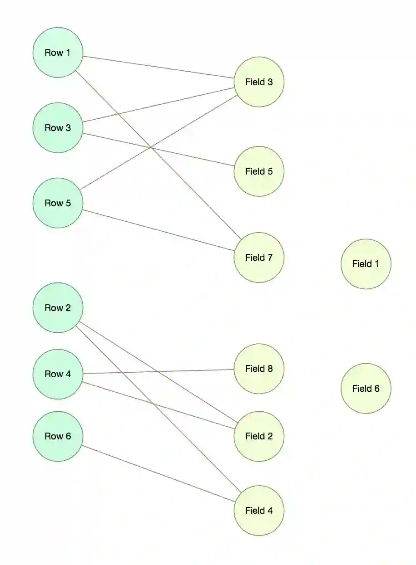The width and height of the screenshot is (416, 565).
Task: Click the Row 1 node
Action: tap(58, 53)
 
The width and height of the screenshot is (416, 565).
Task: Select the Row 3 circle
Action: tap(58, 128)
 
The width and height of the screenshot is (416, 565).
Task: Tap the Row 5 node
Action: tap(58, 203)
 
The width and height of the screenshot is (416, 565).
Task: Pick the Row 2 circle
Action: tap(58, 308)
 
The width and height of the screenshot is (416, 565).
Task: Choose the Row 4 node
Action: tap(58, 374)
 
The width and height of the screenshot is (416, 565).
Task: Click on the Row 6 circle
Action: tap(58, 436)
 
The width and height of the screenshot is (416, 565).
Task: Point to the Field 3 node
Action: tap(259, 82)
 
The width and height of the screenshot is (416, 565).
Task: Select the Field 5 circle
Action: tap(259, 171)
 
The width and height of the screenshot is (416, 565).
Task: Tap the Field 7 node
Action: tap(259, 258)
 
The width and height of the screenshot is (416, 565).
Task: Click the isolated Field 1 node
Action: tap(366, 264)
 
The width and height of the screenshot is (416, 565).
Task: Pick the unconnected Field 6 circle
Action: tap(366, 389)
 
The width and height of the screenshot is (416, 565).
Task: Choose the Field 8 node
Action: tap(259, 369)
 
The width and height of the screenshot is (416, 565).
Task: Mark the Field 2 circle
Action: tap(259, 436)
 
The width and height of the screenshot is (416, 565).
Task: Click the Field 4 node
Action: tap(259, 511)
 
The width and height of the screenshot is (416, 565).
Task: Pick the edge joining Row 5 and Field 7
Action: tap(158, 230)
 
